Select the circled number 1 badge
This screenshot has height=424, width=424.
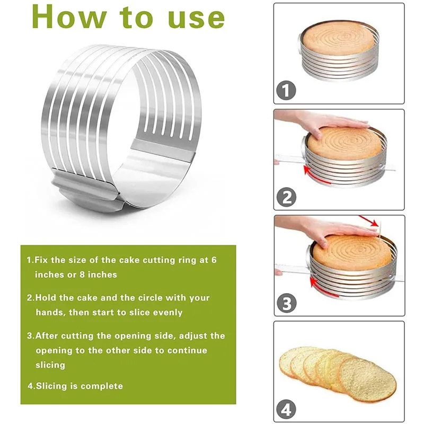[x=287, y=91]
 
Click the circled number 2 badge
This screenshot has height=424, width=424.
[x=287, y=197]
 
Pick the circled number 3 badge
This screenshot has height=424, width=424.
[x=287, y=304]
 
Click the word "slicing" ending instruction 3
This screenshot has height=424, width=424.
[x=50, y=365]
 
